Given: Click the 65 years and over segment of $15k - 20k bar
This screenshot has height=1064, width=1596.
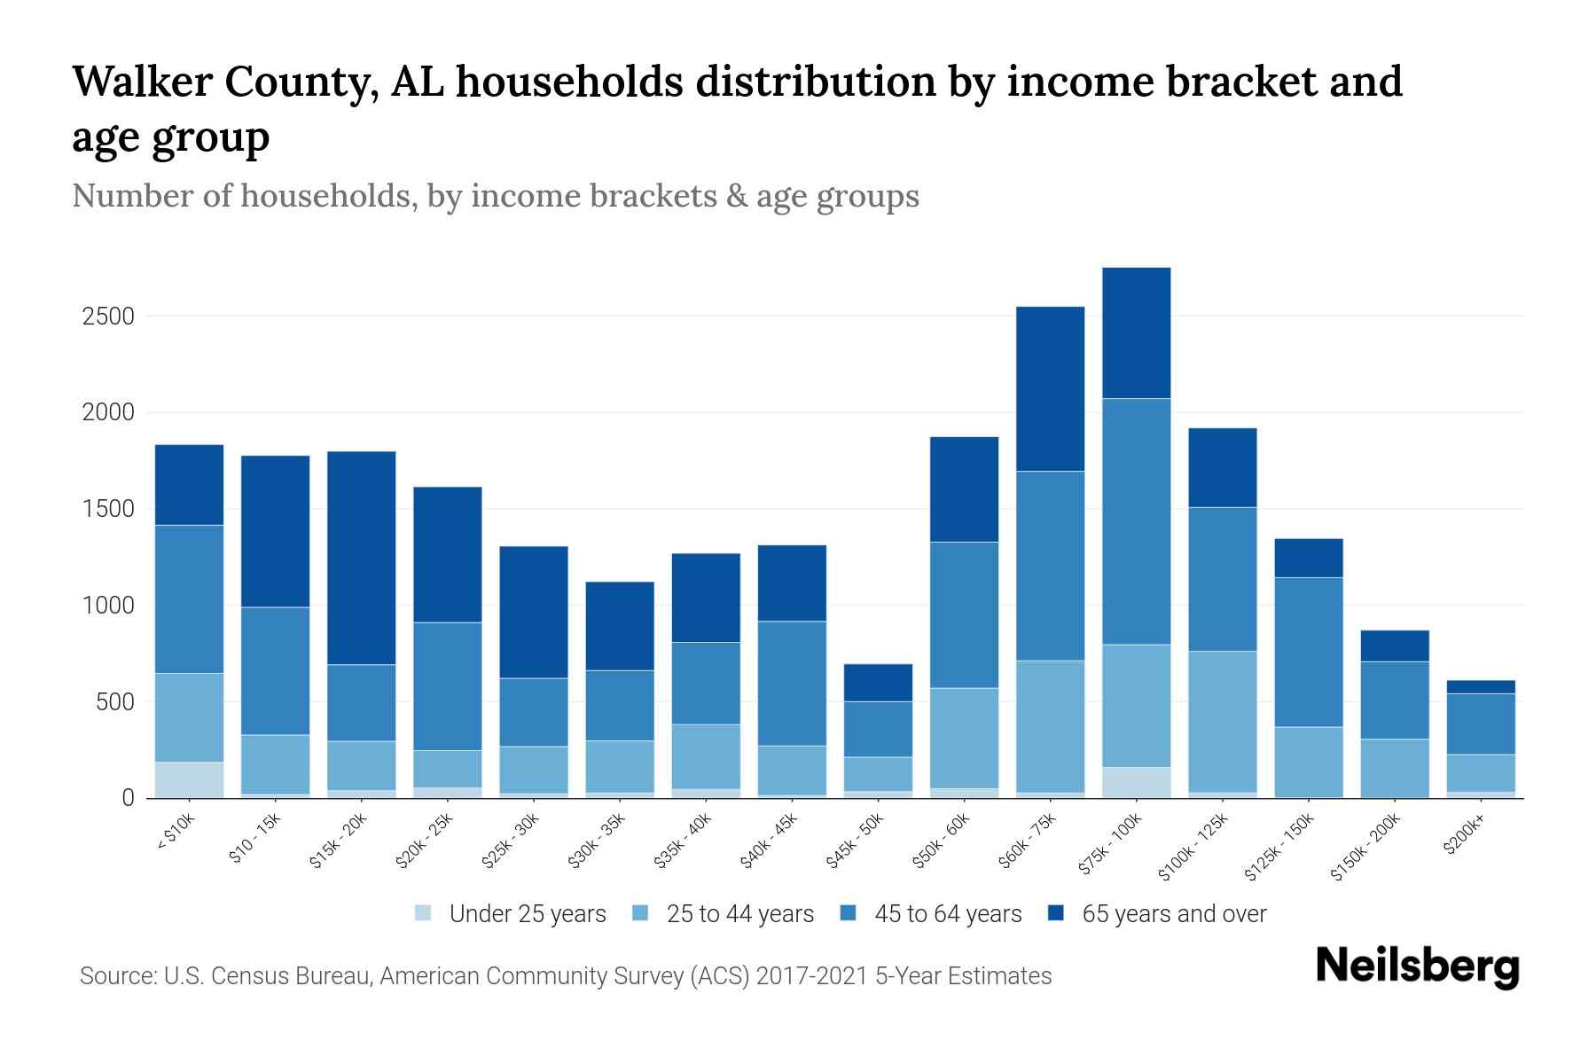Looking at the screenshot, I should pos(362,558).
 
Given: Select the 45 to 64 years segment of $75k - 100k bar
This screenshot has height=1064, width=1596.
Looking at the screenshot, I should pos(1136,521).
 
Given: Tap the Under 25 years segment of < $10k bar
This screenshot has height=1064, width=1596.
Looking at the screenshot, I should pos(189,779).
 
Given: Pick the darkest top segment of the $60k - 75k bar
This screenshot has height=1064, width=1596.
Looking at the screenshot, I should pos(1050,388).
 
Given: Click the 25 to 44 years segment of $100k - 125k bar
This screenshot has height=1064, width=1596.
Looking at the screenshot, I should pos(1222,721).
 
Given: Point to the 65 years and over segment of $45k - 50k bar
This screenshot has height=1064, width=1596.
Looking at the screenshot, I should pos(878,683).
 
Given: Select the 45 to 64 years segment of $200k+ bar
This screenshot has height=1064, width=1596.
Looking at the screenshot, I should pos(1480,724).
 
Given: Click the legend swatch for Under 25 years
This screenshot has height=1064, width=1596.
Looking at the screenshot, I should pos(424,913).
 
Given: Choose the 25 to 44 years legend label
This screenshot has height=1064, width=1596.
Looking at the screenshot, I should pos(739,914).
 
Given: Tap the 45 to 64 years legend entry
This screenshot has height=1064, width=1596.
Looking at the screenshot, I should pos(948,914).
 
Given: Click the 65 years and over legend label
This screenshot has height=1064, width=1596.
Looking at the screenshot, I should pos(1174,914).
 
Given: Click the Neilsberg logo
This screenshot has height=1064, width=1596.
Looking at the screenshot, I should pos(1417,966).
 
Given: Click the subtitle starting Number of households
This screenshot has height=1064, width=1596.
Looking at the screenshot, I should pos(495,196).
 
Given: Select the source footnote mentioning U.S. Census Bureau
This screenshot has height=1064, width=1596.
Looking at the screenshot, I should pos(565,976).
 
